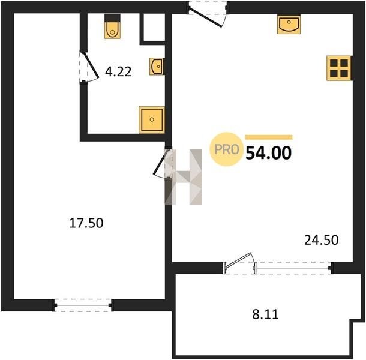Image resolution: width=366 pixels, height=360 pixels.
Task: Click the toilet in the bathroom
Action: [x=112, y=26]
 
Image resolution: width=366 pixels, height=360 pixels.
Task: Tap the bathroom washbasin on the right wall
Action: [x=157, y=67]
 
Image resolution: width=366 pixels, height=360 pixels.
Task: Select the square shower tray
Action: [x=152, y=120]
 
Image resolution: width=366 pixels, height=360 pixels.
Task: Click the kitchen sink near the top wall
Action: [x=289, y=25]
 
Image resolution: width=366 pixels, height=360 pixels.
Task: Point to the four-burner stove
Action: [x=339, y=68]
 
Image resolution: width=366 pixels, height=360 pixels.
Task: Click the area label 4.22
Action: [x=118, y=71]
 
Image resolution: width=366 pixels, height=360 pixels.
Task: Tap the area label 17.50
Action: [x=86, y=223]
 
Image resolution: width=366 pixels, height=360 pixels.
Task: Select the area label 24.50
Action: [x=321, y=240]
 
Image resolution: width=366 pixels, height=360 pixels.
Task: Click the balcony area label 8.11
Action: [x=265, y=314]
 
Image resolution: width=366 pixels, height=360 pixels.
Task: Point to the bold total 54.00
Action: [x=268, y=153]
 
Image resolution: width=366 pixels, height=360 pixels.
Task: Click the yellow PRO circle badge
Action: [x=226, y=149]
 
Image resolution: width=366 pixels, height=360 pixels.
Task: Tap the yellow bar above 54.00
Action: [x=269, y=137]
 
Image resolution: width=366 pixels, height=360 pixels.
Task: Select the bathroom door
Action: [x=91, y=66]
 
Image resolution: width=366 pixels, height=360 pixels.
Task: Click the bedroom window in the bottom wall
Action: [x=83, y=305]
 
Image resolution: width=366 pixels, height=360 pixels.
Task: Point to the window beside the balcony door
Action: [x=293, y=268]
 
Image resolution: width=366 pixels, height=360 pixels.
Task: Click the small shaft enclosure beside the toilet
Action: [x=153, y=28]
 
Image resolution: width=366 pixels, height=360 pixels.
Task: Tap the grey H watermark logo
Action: [x=183, y=177]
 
